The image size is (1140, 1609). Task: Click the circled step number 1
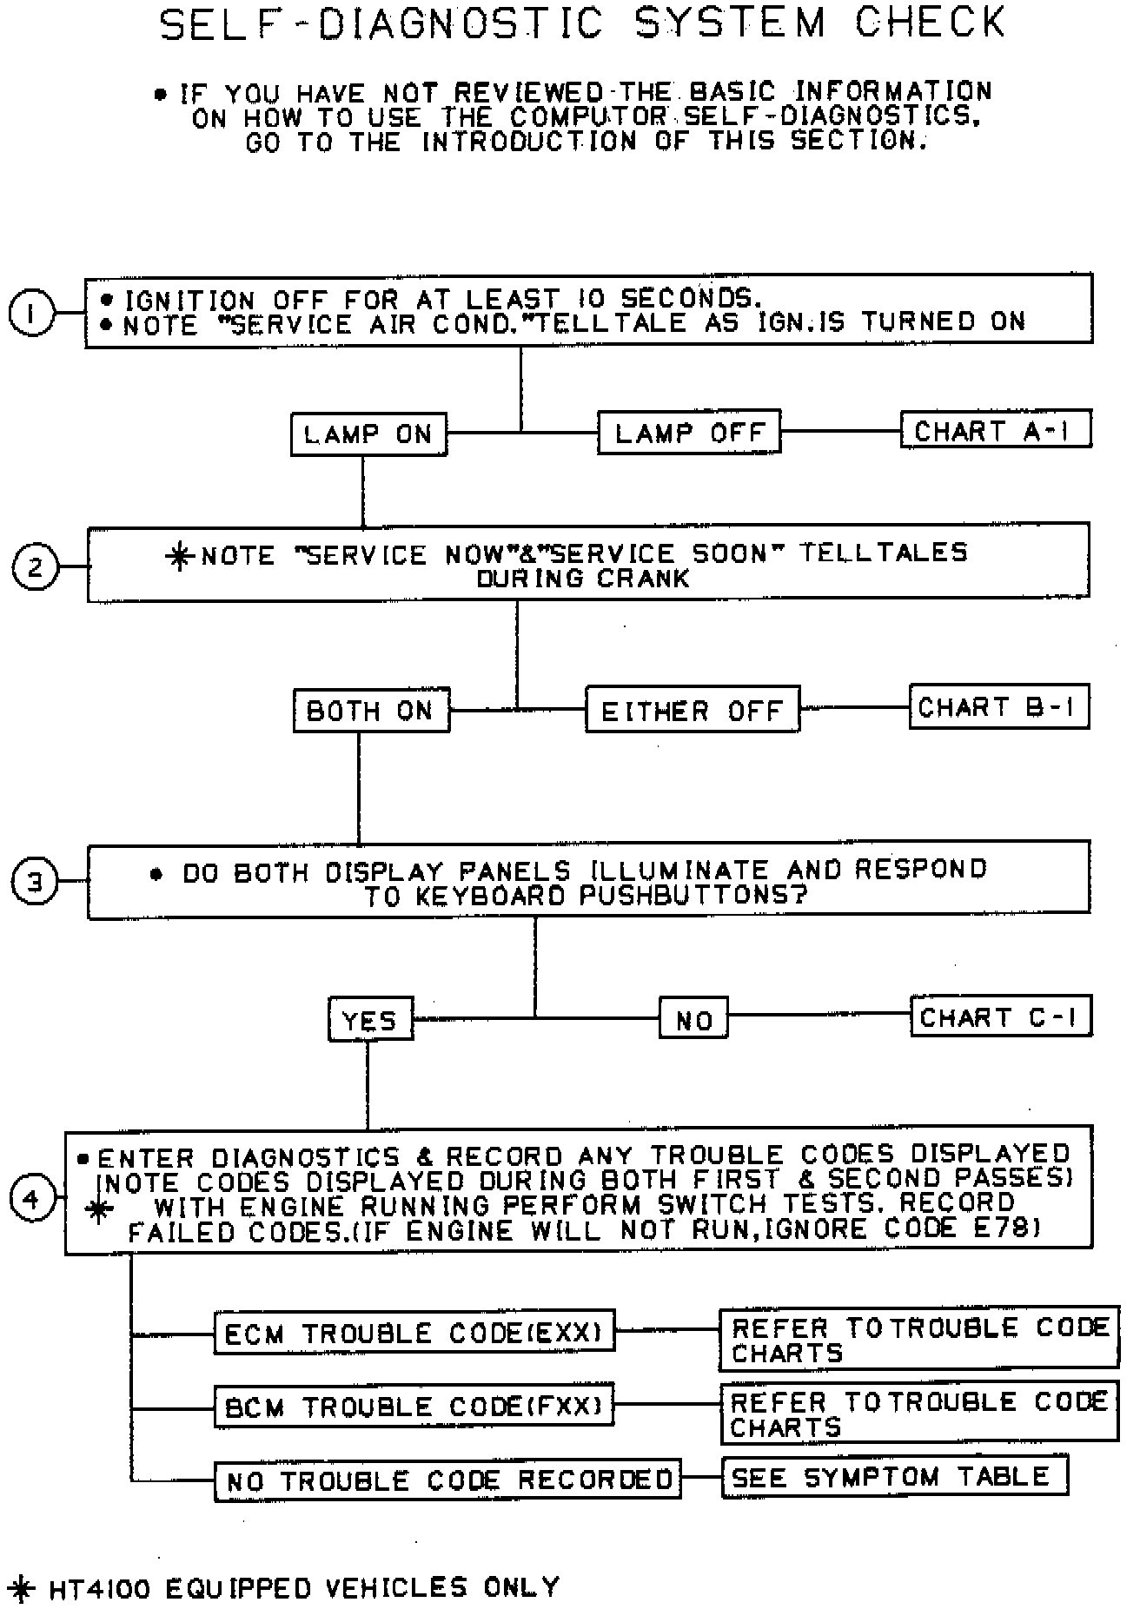(x=31, y=313)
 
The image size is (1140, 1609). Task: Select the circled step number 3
(x=33, y=883)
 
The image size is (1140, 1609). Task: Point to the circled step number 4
(x=32, y=1199)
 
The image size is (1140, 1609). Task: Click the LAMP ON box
(x=368, y=434)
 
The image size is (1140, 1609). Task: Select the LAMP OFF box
(x=689, y=432)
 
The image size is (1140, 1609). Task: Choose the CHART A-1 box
(x=995, y=430)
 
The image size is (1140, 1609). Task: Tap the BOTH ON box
(x=370, y=711)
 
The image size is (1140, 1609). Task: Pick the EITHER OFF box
(x=692, y=711)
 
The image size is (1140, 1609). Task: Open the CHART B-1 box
(x=997, y=707)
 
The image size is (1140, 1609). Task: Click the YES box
(x=370, y=1020)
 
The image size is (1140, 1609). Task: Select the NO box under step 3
(x=693, y=1020)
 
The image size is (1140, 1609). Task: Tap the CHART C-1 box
(x=1000, y=1016)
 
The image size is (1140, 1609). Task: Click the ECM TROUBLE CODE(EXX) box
(x=414, y=1332)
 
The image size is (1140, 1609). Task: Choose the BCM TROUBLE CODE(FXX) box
(x=414, y=1405)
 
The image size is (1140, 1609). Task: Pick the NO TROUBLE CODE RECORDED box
(x=448, y=1480)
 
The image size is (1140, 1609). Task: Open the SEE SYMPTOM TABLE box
(x=894, y=1476)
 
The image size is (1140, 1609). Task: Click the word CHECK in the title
(x=930, y=23)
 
